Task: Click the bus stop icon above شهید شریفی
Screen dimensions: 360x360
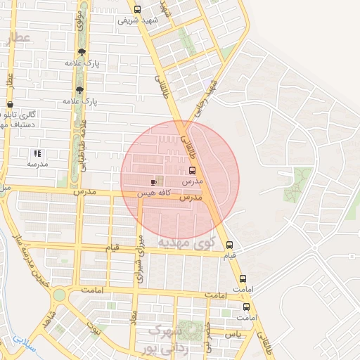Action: coord(137,9)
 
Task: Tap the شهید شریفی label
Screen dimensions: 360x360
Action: coord(137,20)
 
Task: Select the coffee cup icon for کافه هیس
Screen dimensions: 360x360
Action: coord(154,182)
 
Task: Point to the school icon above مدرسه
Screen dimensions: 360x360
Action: coord(37,153)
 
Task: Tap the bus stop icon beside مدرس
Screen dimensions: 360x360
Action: coord(193,170)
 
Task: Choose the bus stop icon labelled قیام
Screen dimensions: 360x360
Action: coord(231,245)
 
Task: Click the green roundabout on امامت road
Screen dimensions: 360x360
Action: coord(60,295)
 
